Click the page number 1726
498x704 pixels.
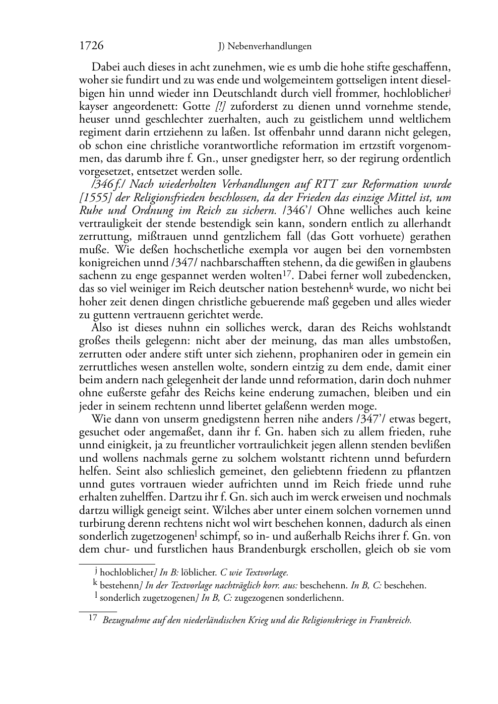point(91,46)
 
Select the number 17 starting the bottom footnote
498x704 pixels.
point(92,619)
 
